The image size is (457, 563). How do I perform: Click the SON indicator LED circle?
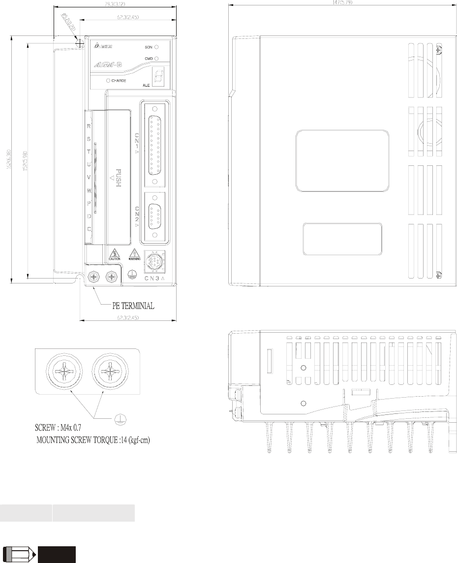coord(156,47)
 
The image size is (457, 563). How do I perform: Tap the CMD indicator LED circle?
coord(156,59)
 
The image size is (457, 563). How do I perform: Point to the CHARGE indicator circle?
coord(107,80)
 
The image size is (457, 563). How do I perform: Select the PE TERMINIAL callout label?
coord(130,306)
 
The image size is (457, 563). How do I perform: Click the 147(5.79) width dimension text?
coord(342,2)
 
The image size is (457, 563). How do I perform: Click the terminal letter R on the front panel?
coord(89,126)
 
